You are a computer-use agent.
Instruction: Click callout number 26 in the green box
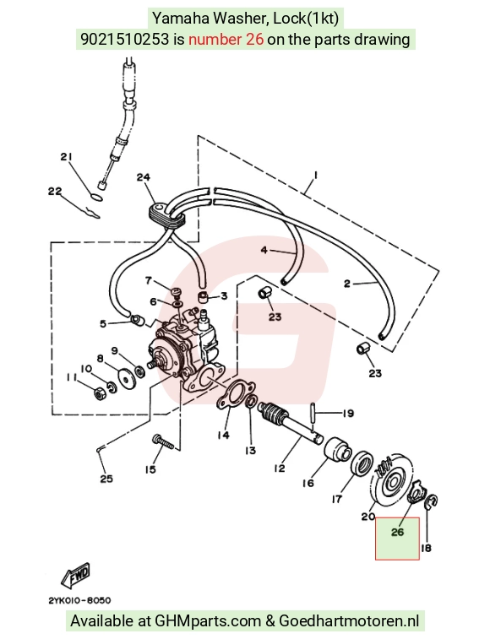pos(397,532)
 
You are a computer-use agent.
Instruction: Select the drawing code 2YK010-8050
pos(79,600)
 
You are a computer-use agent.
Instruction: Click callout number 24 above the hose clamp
pos(144,177)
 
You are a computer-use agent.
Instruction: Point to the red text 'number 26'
pos(226,40)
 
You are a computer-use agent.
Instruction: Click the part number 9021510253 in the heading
pos(124,40)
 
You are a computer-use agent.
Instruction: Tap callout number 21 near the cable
pos(66,156)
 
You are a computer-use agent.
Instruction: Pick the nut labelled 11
pos(100,393)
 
